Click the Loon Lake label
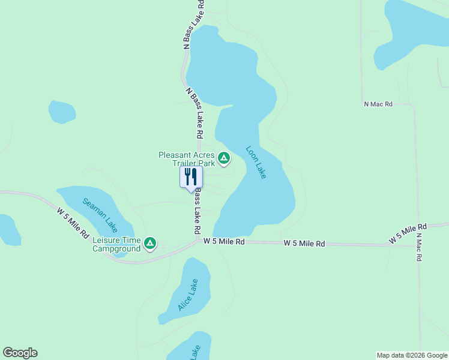coord(256,162)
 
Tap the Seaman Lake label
coord(100,215)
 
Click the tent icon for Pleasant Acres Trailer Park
coord(224,158)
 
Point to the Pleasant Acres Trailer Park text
coord(186,159)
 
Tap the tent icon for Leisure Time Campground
coord(150,244)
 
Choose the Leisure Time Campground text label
coord(116,244)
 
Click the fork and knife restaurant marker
coord(191,177)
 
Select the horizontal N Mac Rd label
coord(378,104)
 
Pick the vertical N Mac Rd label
coord(418,246)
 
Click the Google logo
coord(20,353)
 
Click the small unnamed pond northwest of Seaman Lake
coord(62,112)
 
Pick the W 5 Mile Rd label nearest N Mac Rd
coord(407,233)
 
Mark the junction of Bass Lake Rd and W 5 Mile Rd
coord(199,241)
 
